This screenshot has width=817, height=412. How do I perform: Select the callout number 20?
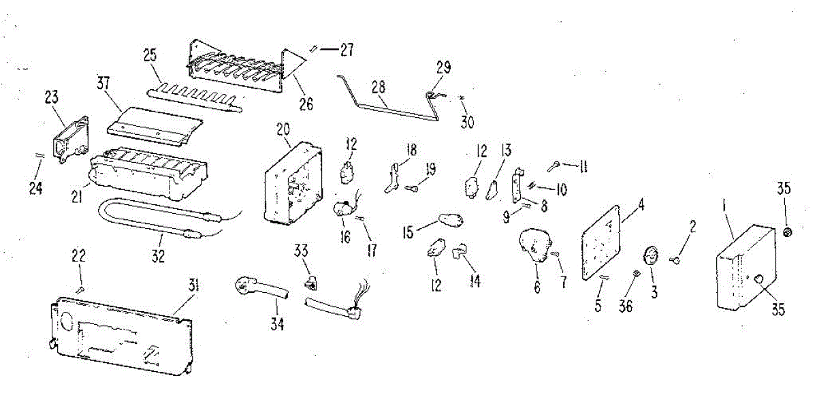(283, 129)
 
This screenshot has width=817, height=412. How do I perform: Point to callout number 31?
(193, 287)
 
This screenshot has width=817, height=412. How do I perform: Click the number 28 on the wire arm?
(379, 86)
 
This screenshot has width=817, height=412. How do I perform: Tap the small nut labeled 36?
(637, 274)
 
